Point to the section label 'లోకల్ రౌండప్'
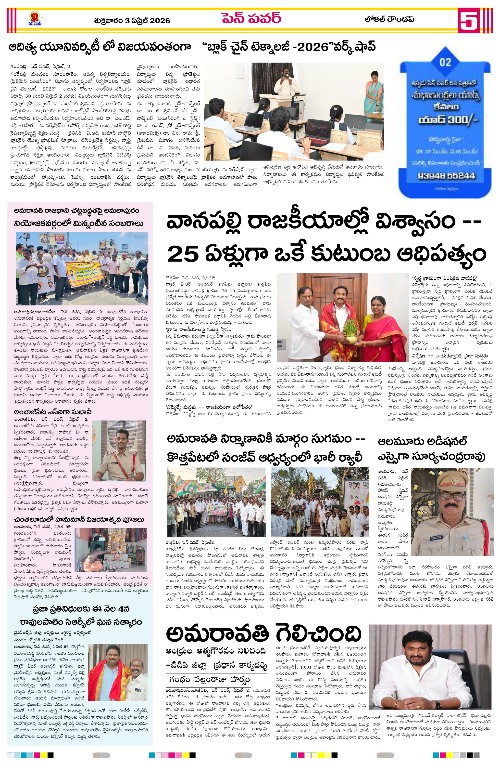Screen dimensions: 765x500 (x=389, y=19)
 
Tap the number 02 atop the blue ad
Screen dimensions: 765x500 (x=445, y=62)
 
